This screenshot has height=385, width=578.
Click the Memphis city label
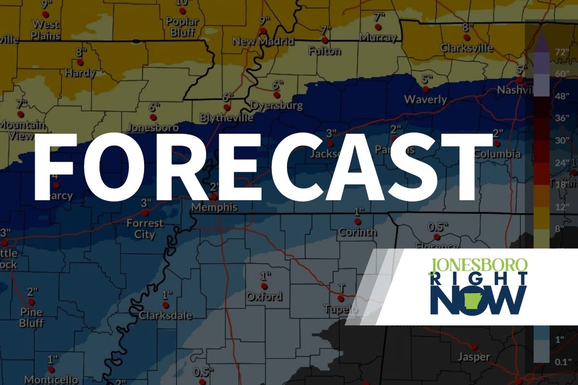coord(214,208)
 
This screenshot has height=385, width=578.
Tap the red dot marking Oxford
coord(264,286)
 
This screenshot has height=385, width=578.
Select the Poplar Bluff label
coord(182,27)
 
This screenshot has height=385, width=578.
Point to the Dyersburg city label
coord(276,105)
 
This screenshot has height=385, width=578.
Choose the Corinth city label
coord(357,232)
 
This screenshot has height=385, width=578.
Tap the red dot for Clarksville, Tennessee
coord(466,37)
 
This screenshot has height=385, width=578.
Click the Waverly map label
coord(425,100)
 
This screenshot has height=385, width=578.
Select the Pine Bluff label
coord(31,318)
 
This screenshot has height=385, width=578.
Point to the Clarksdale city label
coord(165,316)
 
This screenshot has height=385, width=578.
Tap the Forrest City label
coord(145,229)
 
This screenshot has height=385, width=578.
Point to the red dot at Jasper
coord(474,346)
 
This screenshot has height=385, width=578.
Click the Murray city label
coord(378,37)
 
